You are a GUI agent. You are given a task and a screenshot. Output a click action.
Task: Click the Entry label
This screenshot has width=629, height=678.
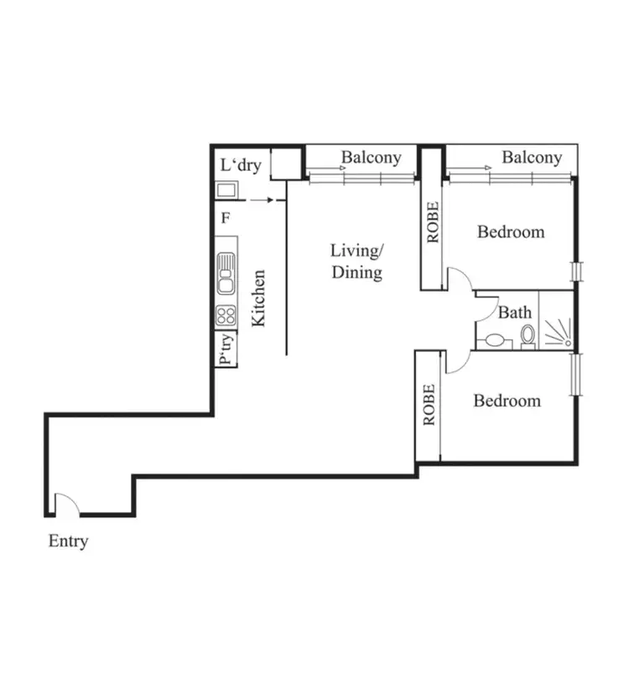[68, 541]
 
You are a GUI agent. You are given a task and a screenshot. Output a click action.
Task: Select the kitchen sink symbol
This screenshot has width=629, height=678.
[226, 274]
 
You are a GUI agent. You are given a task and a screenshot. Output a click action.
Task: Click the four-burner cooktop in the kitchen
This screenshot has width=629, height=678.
[226, 315]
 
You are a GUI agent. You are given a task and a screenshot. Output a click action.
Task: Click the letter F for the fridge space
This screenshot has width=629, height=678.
[225, 220]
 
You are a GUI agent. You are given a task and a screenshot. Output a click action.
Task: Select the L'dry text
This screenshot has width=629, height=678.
[241, 165]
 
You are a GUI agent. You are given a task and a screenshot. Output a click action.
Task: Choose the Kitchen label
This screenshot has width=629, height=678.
[259, 298]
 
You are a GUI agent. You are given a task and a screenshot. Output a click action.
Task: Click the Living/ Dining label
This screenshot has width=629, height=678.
[356, 261]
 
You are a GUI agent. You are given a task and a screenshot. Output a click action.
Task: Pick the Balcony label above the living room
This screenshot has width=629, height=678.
[371, 157]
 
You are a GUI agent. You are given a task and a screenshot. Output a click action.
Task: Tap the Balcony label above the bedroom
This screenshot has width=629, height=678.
[532, 157]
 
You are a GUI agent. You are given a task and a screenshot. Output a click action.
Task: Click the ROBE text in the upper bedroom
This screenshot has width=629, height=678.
[433, 223]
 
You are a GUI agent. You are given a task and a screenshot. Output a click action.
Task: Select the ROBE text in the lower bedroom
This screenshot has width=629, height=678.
[429, 405]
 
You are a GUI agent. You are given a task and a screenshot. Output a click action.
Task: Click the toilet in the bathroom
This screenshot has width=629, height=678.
[528, 337]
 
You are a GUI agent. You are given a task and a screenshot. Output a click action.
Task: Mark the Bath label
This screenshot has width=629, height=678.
[515, 313]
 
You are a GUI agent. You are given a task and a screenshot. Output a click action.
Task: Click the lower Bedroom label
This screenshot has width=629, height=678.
[507, 401]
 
